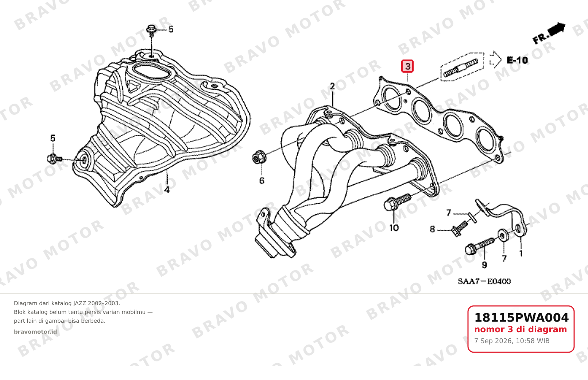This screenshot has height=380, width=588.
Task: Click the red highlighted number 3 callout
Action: point(407,66)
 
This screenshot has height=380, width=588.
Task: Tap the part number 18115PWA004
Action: point(521,318)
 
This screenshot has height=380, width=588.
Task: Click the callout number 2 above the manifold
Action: point(332,86)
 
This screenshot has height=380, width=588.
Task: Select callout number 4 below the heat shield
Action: point(167,189)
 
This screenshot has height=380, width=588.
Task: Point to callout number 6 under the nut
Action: point(262,181)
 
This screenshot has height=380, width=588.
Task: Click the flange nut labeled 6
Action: point(259,157)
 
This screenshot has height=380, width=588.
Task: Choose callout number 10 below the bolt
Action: point(394,228)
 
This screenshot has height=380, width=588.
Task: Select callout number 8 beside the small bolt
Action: point(432,229)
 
